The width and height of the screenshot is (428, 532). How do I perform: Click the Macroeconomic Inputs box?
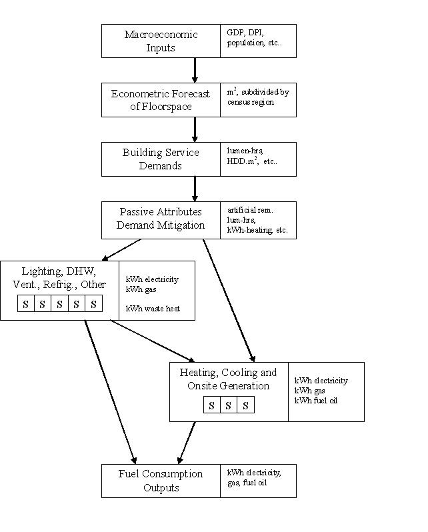pyautogui.click(x=161, y=41)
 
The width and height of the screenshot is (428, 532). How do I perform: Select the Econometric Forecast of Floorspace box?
pyautogui.click(x=161, y=100)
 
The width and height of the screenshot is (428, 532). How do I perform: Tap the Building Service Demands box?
pyautogui.click(x=161, y=159)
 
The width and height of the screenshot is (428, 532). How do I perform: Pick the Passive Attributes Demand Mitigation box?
pyautogui.click(x=161, y=219)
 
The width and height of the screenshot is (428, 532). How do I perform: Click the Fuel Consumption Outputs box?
pyautogui.click(x=161, y=481)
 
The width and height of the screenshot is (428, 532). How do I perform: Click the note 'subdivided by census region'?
pyautogui.click(x=258, y=97)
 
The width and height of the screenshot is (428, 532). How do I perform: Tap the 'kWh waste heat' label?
pyautogui.click(x=153, y=307)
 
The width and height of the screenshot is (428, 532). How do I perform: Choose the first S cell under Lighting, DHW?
pyautogui.click(x=25, y=304)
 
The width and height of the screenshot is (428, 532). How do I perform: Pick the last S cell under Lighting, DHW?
pyautogui.click(x=93, y=304)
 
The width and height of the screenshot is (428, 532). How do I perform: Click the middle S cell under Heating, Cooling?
pyautogui.click(x=229, y=405)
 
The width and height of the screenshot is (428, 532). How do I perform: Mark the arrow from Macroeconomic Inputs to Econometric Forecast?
pyautogui.click(x=195, y=70)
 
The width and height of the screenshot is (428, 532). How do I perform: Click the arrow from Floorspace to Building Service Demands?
pyautogui.click(x=195, y=129)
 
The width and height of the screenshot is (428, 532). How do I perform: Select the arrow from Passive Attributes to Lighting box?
pyautogui.click(x=121, y=249)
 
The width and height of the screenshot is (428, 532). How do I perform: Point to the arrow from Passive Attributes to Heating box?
pyautogui.click(x=228, y=300)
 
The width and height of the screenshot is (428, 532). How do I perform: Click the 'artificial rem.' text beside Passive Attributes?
pyautogui.click(x=250, y=210)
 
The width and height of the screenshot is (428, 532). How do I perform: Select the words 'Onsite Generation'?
pyautogui.click(x=229, y=385)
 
